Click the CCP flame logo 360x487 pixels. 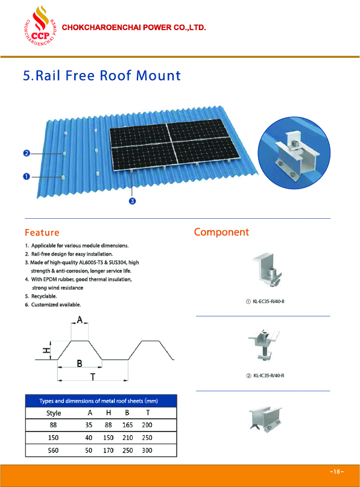(40, 26)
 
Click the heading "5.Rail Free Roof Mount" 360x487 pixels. (102, 75)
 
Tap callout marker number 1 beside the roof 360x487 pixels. (27, 177)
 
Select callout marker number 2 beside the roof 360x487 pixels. (27, 153)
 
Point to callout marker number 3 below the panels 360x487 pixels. (132, 201)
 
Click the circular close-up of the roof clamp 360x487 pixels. (294, 152)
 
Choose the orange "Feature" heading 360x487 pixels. (42, 233)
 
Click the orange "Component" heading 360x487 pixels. (221, 232)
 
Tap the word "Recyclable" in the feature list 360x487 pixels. (44, 297)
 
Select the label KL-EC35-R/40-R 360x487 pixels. (269, 301)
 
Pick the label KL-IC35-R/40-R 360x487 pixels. (269, 375)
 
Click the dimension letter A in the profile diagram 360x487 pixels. (80, 319)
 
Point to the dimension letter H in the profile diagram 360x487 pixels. (46, 350)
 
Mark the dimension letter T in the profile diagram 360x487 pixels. (92, 377)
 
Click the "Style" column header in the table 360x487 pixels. (54, 413)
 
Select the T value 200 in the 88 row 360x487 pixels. (147, 425)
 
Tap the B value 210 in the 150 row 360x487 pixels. (127, 438)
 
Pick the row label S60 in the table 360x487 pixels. (53, 450)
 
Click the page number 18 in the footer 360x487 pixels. (336, 471)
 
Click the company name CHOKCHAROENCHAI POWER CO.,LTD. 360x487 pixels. (134, 27)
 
